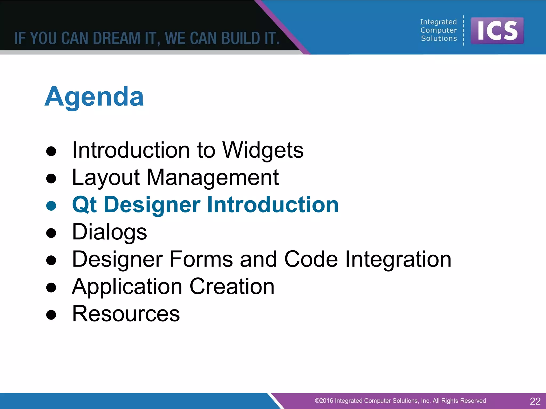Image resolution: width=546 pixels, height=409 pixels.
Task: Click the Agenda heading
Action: (94, 97)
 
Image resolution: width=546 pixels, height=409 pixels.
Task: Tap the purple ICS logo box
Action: (497, 31)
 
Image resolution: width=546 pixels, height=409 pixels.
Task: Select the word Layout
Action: (106, 178)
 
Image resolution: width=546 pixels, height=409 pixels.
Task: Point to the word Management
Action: (212, 178)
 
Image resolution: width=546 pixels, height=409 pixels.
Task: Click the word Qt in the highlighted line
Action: (84, 204)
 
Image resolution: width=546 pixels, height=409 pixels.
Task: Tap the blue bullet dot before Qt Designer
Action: (51, 206)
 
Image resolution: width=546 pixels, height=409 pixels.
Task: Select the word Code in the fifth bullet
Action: (311, 259)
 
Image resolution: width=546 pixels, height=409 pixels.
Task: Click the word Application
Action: (127, 287)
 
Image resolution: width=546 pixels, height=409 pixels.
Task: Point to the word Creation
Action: (232, 287)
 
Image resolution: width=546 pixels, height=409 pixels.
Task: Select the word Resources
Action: (126, 314)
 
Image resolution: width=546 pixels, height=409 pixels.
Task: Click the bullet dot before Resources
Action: (51, 315)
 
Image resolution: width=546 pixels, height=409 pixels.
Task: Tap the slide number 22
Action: (535, 401)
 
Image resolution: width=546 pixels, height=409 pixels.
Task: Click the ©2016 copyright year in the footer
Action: (324, 401)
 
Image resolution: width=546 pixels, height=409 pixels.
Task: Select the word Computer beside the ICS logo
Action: (439, 30)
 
